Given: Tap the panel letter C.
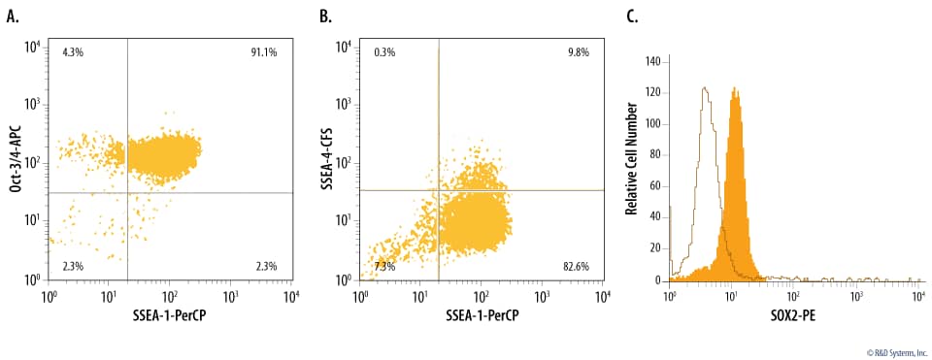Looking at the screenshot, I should click(632, 16).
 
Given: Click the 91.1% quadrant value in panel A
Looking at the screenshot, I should click(264, 51).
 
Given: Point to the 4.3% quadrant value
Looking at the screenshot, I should click(73, 51).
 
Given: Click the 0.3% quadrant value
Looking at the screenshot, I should click(384, 51).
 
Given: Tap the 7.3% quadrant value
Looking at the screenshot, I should click(385, 265).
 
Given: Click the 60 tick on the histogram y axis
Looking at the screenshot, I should click(654, 186).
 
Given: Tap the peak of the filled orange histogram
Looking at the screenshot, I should click(735, 89).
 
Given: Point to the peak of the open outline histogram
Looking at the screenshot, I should click(704, 88).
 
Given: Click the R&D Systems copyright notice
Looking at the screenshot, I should click(883, 351).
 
